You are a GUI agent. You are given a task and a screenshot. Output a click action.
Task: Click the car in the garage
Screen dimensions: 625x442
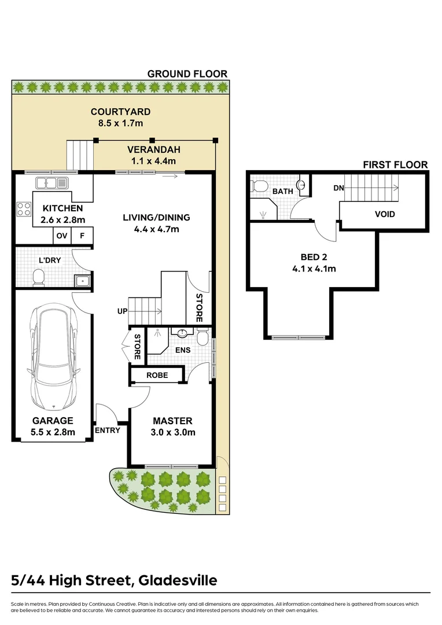(x=52, y=357)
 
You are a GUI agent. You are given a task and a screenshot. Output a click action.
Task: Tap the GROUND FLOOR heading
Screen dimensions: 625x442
(x=187, y=73)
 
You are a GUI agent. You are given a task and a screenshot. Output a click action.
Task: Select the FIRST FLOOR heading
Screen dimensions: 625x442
(x=395, y=165)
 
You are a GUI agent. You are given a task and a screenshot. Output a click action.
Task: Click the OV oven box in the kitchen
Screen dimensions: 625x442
(x=61, y=236)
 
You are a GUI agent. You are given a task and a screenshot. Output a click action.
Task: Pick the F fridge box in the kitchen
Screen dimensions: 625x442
(x=82, y=236)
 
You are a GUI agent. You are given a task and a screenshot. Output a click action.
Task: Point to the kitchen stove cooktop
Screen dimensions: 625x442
(x=24, y=208)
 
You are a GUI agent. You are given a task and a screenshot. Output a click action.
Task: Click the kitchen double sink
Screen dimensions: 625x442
(x=51, y=183)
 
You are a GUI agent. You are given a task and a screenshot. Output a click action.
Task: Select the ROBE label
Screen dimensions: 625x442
(x=157, y=375)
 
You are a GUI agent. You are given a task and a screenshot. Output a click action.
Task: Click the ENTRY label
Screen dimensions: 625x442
(x=107, y=430)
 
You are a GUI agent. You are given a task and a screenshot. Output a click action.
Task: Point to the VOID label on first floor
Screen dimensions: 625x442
(x=385, y=214)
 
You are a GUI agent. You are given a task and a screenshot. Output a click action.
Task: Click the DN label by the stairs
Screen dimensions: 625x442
(x=340, y=188)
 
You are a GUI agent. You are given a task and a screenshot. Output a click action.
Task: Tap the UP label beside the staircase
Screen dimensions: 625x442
(x=122, y=311)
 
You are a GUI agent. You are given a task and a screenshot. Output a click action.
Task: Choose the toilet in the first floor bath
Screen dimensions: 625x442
(x=259, y=186)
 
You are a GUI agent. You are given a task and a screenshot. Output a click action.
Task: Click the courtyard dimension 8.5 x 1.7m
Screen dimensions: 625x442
(x=120, y=123)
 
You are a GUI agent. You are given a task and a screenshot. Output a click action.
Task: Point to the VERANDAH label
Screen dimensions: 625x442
(x=151, y=149)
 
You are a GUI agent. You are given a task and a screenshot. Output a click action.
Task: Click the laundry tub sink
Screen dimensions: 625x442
(x=82, y=281)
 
